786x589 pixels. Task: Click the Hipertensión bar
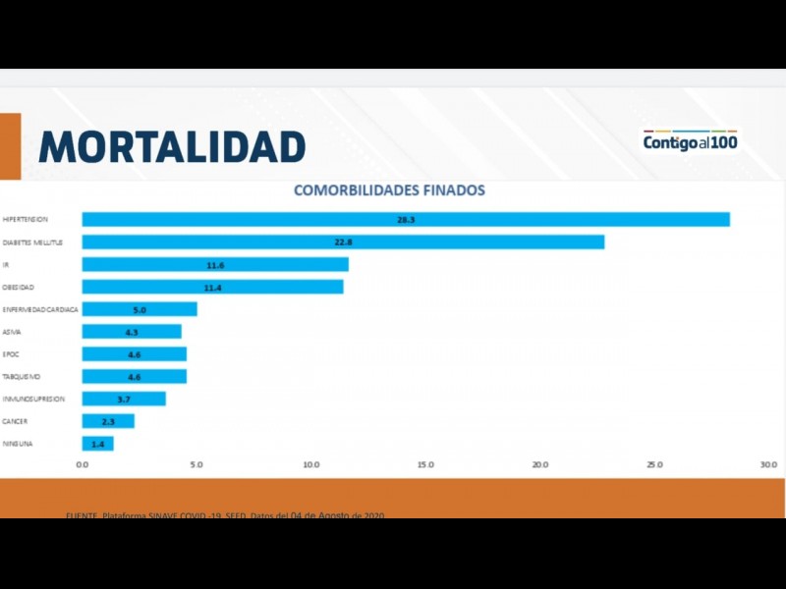pos(406,219)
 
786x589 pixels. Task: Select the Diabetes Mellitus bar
pos(343,241)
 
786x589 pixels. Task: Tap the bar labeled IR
pos(215,264)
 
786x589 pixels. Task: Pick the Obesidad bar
pos(212,287)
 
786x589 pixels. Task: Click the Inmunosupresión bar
pos(124,399)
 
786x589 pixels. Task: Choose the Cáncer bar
pos(108,421)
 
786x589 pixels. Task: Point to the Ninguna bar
pos(97,444)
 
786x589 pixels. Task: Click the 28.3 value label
pos(406,220)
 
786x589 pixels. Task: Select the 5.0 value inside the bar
pos(140,310)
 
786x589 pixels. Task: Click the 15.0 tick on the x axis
pos(425,464)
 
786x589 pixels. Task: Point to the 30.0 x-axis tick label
pos(768,464)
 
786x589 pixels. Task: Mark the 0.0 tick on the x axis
pos(83,464)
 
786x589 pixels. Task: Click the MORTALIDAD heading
pos(172,146)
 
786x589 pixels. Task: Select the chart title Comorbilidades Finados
pos(389,190)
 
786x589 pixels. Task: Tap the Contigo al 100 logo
pos(690,141)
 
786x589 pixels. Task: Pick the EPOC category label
pos(12,354)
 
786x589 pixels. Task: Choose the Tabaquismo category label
pos(22,377)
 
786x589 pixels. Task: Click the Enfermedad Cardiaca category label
pos(39,309)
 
